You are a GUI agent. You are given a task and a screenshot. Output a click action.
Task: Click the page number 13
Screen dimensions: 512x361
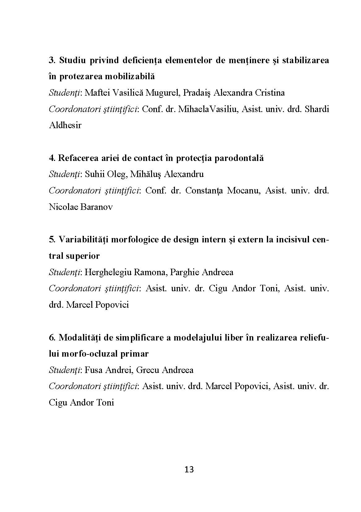click(x=189, y=470)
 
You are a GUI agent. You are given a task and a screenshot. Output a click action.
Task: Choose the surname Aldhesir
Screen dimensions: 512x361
click(x=65, y=125)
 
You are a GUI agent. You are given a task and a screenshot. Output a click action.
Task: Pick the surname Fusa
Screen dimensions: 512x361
click(x=94, y=370)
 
